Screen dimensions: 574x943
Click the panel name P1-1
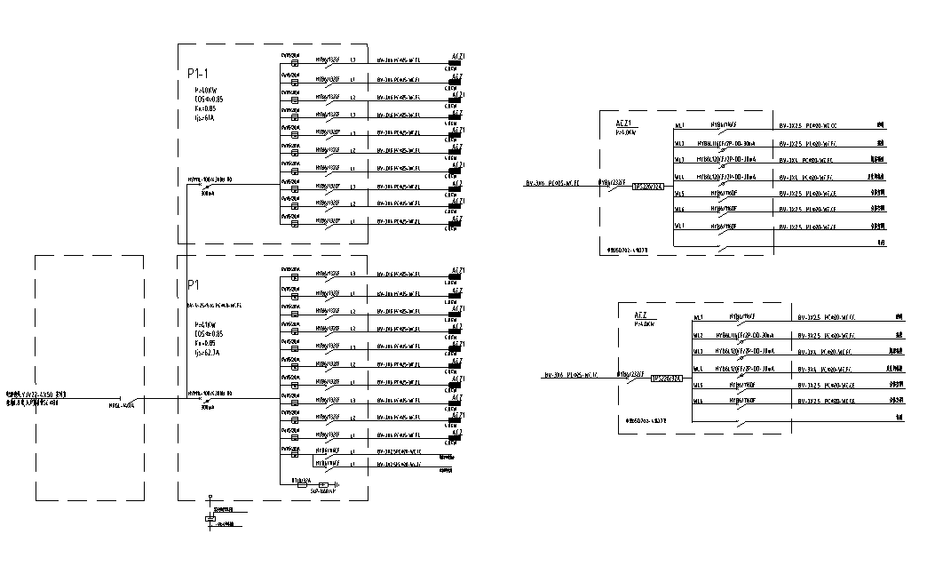(198, 74)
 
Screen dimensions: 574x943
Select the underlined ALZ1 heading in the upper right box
(624, 122)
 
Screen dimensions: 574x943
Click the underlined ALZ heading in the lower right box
(642, 315)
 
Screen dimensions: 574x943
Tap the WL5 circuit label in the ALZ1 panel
(679, 193)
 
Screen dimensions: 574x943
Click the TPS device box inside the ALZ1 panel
(646, 187)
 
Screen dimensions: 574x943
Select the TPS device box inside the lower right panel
(666, 379)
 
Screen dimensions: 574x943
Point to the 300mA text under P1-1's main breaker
(208, 192)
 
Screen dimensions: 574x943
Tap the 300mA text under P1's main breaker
(208, 409)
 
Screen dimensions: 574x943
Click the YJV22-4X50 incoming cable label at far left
(36, 394)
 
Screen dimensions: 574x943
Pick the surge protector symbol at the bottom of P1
(324, 485)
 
